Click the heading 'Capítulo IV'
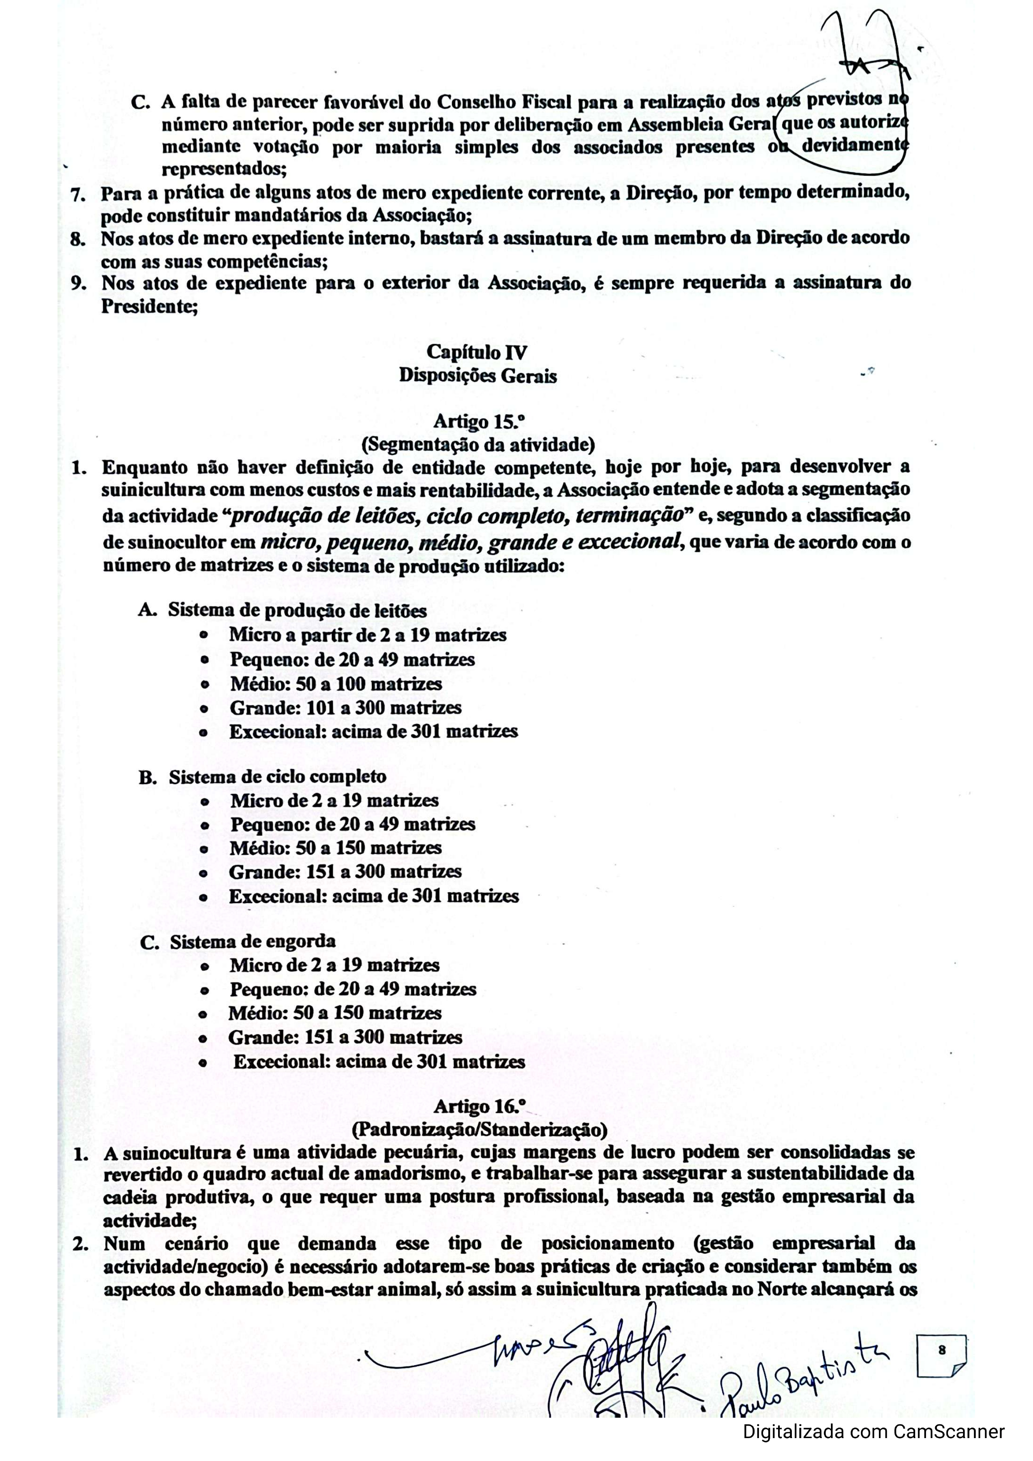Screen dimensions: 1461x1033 pos(476,352)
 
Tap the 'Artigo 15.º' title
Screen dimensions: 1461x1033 pos(472,421)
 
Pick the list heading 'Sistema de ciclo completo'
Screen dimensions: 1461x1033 pos(277,777)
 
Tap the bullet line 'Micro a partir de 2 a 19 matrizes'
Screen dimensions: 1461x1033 pos(367,635)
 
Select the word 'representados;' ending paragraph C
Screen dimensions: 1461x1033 pos(223,170)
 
